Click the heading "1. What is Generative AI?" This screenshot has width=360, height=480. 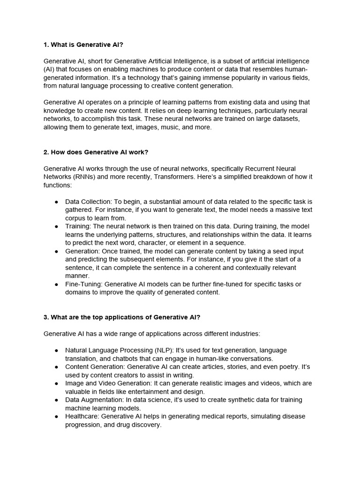tap(83, 45)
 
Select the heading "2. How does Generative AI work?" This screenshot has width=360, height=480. tap(96, 152)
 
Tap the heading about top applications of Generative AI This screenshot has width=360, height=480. tap(122, 317)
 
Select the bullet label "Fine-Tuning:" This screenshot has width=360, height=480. tap(83, 284)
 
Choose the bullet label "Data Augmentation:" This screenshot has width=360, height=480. tap(94, 400)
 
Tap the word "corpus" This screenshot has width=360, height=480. tap(75, 218)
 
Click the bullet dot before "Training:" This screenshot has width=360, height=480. tap(57, 226)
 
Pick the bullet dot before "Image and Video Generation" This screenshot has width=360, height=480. tap(57, 383)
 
